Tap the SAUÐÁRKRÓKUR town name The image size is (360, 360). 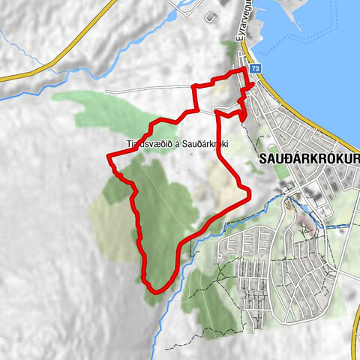click(x=307, y=160)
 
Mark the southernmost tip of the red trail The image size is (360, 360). click(x=154, y=290)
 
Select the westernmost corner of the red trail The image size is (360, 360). click(x=109, y=157)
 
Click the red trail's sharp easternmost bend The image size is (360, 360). click(x=247, y=194)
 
